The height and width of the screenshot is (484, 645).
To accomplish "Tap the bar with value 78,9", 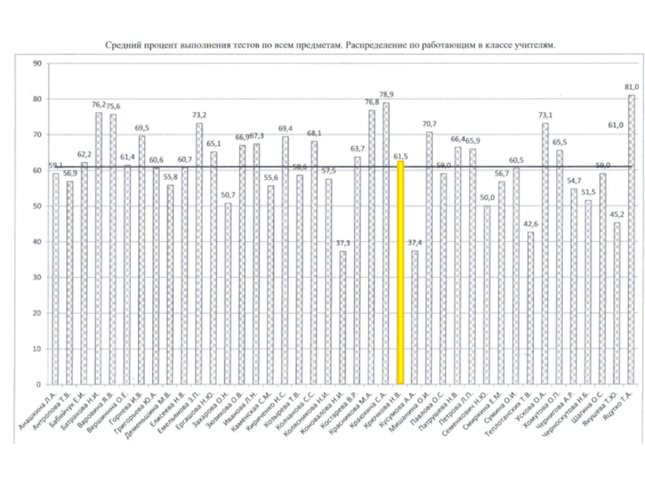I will point(385,243).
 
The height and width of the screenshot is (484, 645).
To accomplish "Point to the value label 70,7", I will point(429,123).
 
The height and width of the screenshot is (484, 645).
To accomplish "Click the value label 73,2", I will point(199,115).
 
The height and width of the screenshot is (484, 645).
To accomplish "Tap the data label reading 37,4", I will point(414,243).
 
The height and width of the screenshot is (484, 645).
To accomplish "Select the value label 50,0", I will point(486,198).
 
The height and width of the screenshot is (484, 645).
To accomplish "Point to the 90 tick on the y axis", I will point(37,64).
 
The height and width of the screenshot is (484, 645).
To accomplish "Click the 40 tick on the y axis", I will point(37,242).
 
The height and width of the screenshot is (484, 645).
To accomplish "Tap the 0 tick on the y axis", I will point(39,384).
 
